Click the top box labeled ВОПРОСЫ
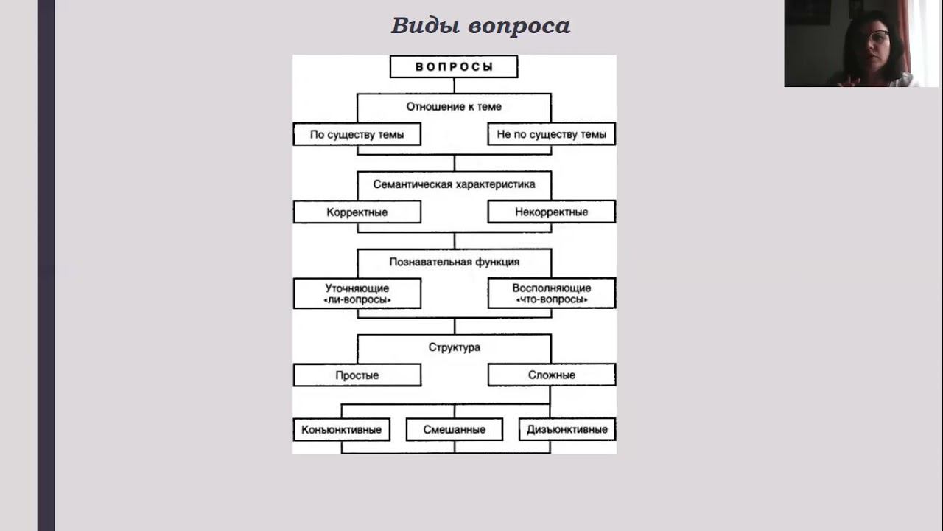coord(454,66)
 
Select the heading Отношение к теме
coord(454,106)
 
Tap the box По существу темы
coord(357,134)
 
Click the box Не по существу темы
coord(551,134)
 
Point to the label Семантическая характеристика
coord(454,184)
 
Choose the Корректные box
coord(357,212)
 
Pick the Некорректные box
coord(551,212)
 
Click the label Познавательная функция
coord(454,262)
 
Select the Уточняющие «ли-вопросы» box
coord(357,294)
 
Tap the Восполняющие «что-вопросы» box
coord(551,294)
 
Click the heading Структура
coord(454,347)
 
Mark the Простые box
coord(357,375)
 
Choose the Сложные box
coord(551,375)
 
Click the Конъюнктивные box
coord(341,429)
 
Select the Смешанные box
coord(454,429)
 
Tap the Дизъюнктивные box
coord(567,429)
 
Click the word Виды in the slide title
coord(426,26)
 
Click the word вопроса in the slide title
coord(519,26)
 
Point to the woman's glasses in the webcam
coord(878,35)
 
